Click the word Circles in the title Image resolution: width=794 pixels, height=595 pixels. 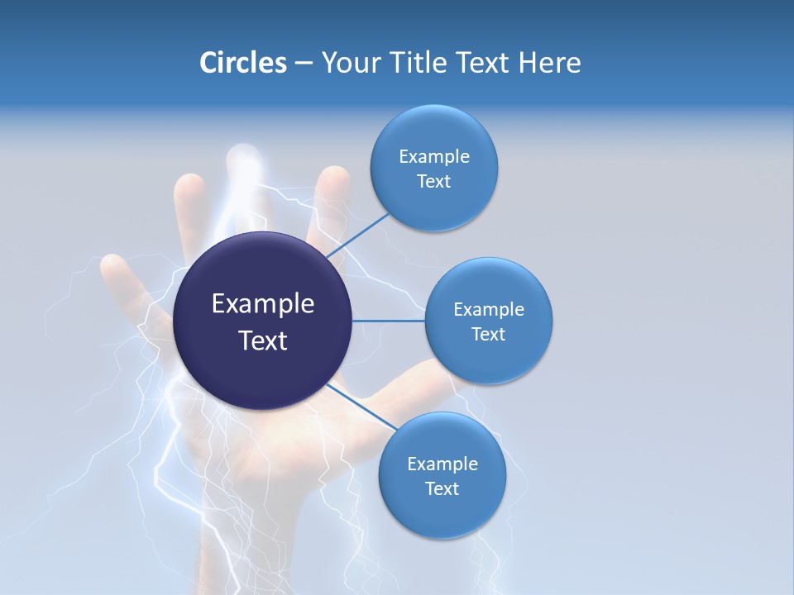(x=243, y=63)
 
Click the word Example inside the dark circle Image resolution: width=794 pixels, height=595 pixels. (x=263, y=304)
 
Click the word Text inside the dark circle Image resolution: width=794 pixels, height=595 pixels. (x=263, y=340)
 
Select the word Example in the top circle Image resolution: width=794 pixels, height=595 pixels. (x=434, y=157)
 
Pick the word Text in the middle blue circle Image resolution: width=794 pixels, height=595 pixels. (x=488, y=334)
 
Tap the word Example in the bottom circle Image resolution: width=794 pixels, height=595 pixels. (x=442, y=464)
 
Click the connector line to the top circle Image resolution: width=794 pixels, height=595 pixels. (x=358, y=236)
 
